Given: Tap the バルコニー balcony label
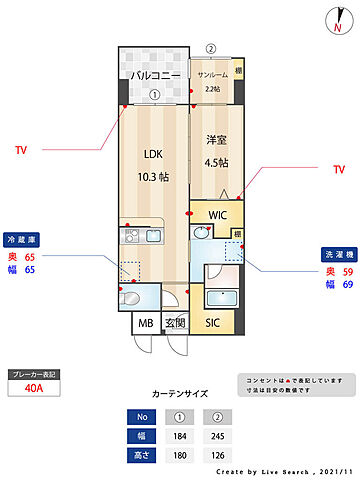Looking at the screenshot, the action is click(x=154, y=76).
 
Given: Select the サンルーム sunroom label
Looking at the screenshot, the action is click(x=211, y=76).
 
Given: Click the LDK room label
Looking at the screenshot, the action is click(x=153, y=155).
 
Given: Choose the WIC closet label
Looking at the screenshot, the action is click(x=218, y=214).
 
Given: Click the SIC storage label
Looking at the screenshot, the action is click(x=213, y=322).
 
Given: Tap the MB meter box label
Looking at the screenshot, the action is click(x=146, y=322).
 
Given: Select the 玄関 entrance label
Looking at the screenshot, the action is click(x=176, y=322).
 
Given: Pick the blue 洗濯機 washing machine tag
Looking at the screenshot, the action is click(x=336, y=253).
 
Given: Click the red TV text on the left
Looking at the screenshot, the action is click(x=21, y=151).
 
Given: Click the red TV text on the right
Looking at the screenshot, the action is click(x=338, y=170).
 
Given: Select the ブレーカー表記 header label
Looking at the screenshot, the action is click(x=34, y=374).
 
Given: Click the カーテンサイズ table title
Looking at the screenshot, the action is click(x=180, y=394).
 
